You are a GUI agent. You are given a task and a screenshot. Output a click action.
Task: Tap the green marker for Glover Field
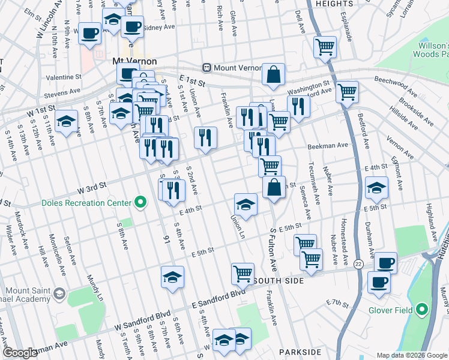pyautogui.click(x=421, y=310)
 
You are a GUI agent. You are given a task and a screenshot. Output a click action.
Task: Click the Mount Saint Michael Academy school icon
pyautogui.click(x=59, y=294)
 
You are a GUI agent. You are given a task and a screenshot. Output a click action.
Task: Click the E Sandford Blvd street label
pyautogui.click(x=218, y=294)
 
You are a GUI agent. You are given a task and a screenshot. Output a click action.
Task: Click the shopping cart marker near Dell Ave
pyautogui.click(x=325, y=46)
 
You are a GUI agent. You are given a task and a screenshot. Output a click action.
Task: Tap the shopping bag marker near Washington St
pyautogui.click(x=273, y=74)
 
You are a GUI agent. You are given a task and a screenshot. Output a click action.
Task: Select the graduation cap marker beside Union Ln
pyautogui.click(x=246, y=205)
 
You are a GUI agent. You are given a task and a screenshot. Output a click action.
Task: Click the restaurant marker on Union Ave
pyautogui.click(x=205, y=137)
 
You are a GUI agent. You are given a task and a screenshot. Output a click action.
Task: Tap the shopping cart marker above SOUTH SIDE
pyautogui.click(x=243, y=274)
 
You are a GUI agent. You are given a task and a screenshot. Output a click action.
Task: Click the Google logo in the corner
pyautogui.click(x=20, y=353)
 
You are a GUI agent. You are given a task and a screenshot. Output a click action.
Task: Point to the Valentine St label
pyautogui.click(x=64, y=77)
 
